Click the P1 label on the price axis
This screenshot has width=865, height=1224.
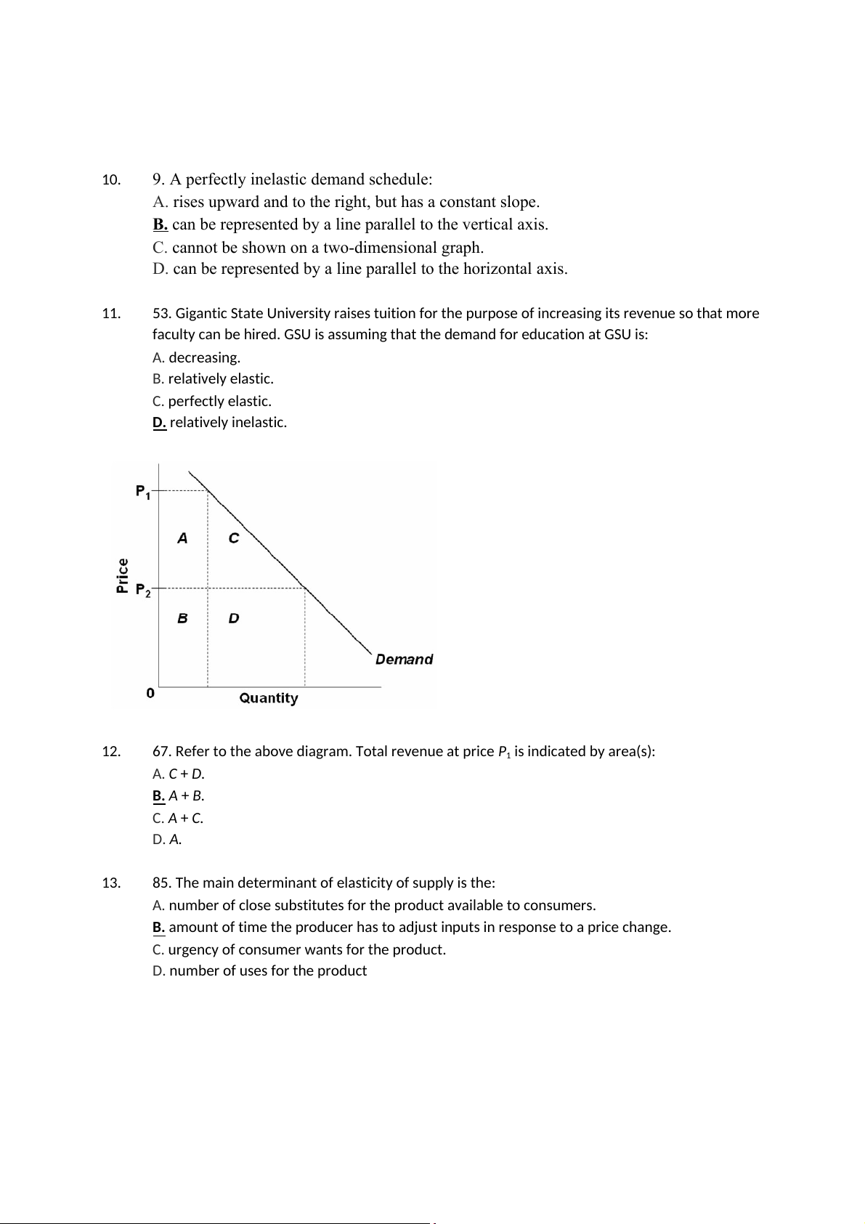143,492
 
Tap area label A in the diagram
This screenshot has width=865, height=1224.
182,538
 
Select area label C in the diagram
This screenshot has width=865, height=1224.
233,538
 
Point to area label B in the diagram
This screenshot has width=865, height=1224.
182,618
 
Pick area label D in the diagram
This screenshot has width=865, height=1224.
233,618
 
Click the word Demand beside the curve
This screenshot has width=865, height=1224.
404,660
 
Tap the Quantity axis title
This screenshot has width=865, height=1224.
269,698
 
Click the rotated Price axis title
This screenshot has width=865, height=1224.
123,575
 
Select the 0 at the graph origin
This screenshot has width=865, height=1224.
150,693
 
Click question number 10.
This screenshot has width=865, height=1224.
110,180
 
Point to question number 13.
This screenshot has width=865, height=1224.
110,883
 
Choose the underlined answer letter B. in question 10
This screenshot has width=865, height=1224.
161,224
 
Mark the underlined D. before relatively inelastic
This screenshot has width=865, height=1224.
159,423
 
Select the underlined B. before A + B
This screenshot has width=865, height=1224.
159,796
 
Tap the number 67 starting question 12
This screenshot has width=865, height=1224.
161,752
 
